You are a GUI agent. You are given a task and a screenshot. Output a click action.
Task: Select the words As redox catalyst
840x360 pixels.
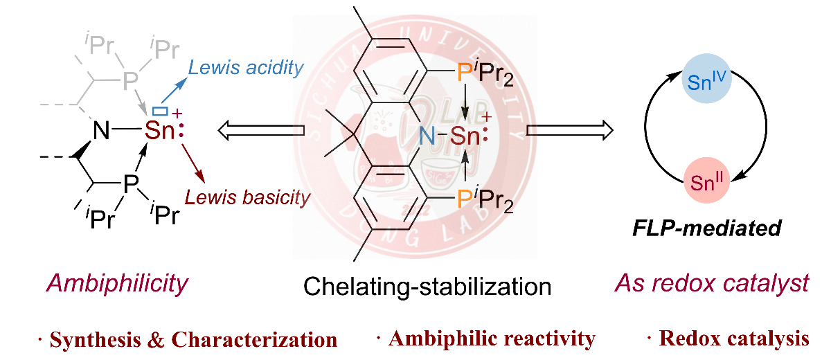[711, 284]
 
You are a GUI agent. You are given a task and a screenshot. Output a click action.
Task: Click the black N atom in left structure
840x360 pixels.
[101, 130]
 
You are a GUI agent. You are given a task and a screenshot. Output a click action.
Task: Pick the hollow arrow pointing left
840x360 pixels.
[262, 129]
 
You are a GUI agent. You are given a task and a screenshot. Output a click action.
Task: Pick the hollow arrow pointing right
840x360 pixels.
[569, 129]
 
